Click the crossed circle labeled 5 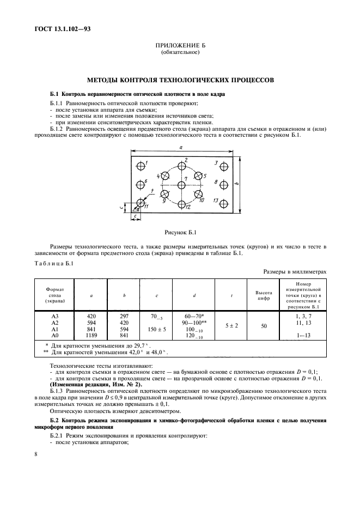(199, 176)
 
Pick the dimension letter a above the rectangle (180, 148)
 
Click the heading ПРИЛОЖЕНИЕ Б (180, 47)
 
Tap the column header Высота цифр (264, 295)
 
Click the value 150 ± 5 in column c (156, 329)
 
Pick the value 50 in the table (264, 325)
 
